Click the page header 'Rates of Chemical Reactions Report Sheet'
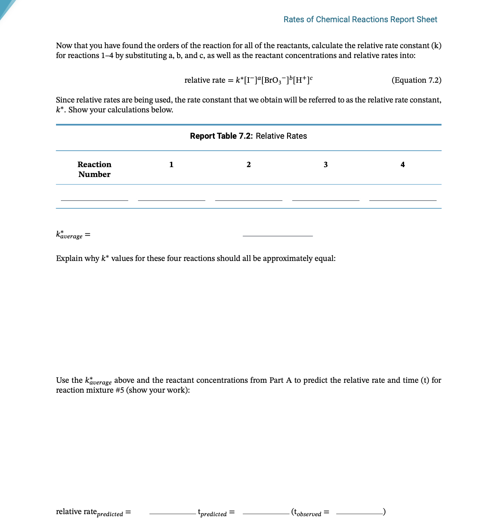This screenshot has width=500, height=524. click(360, 19)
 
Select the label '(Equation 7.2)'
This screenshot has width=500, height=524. click(416, 80)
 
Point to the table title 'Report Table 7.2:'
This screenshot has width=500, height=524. click(221, 136)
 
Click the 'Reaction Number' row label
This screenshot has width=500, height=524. click(94, 169)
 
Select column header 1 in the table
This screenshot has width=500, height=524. click(171, 165)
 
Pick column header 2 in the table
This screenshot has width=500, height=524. click(248, 165)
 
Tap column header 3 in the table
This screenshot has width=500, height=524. click(325, 165)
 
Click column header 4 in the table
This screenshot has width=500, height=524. click(402, 165)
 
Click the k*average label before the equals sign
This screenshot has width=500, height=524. click(69, 235)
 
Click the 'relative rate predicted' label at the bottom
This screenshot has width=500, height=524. click(89, 512)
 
